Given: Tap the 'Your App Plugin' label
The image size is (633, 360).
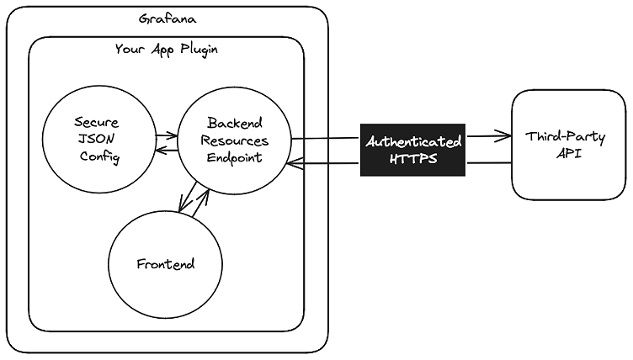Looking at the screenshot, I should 166,50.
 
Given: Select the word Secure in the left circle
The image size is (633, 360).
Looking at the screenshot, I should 96,123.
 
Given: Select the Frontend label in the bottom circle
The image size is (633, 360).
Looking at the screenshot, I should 165,264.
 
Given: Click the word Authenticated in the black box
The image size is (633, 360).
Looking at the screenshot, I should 413,140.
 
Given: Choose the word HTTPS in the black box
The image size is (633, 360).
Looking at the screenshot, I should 413,158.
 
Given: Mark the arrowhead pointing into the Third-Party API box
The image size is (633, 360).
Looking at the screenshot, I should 506,135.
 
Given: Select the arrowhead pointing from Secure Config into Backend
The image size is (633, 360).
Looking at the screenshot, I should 172,135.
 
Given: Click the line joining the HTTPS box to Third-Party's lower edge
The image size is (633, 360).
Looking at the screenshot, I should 488,161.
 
